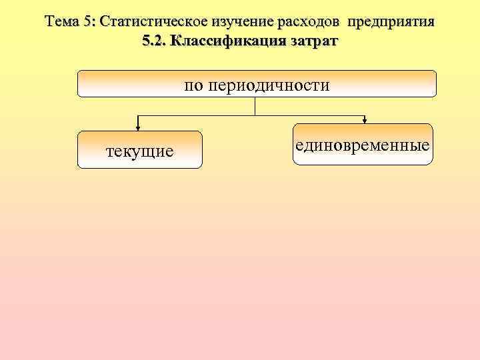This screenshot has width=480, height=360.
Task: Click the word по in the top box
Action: [x=195, y=85]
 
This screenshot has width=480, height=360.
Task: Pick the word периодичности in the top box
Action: [x=269, y=85]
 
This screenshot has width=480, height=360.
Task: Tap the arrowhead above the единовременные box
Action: [x=365, y=120]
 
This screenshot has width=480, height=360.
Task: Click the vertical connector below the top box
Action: [x=255, y=107]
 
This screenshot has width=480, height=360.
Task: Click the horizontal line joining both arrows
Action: [x=200, y=116]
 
